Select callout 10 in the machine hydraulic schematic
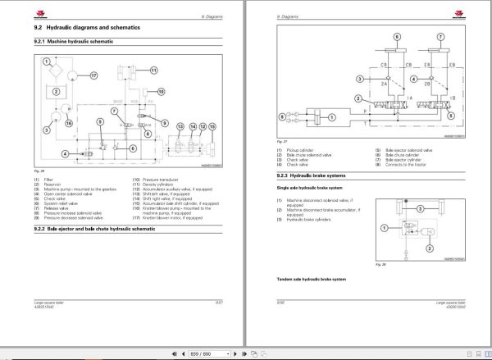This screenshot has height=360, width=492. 161,92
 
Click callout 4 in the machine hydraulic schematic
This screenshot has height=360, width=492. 65,153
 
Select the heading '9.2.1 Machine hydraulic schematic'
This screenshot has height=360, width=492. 74,41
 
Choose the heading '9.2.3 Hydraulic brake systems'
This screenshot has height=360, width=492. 317,174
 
